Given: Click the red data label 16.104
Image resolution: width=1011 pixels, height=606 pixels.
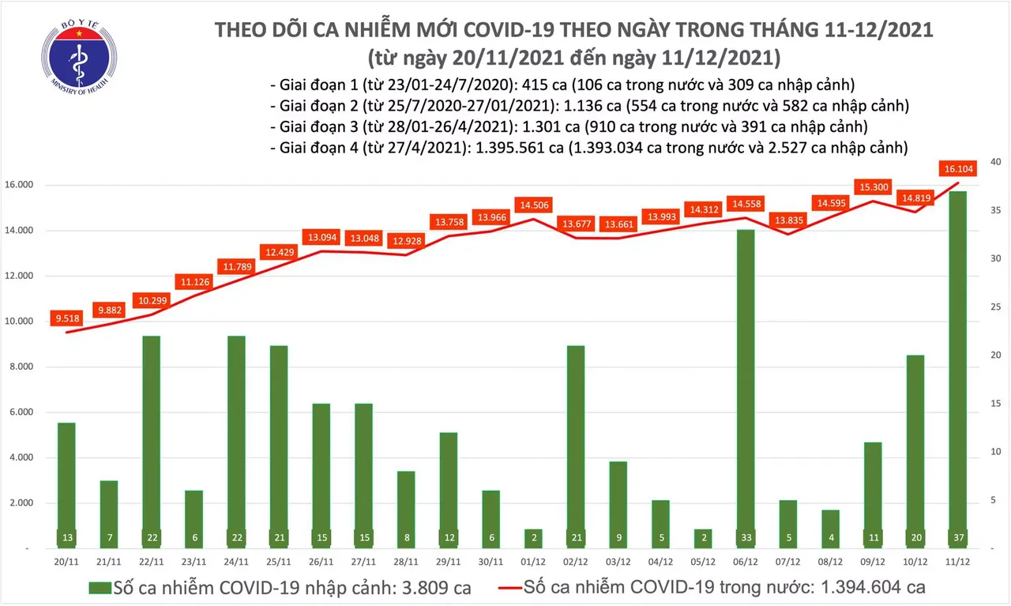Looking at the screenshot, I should (957, 168).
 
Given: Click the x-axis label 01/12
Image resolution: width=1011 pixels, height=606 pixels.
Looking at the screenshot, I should (533, 563).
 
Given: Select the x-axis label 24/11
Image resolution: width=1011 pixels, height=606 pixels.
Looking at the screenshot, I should (237, 563).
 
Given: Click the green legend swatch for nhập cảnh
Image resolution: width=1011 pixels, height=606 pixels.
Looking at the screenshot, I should (99, 589).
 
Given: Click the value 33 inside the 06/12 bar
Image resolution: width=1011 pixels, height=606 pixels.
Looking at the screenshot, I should (744, 537).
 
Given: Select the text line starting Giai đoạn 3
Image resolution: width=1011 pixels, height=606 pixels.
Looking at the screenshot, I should (568, 126).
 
